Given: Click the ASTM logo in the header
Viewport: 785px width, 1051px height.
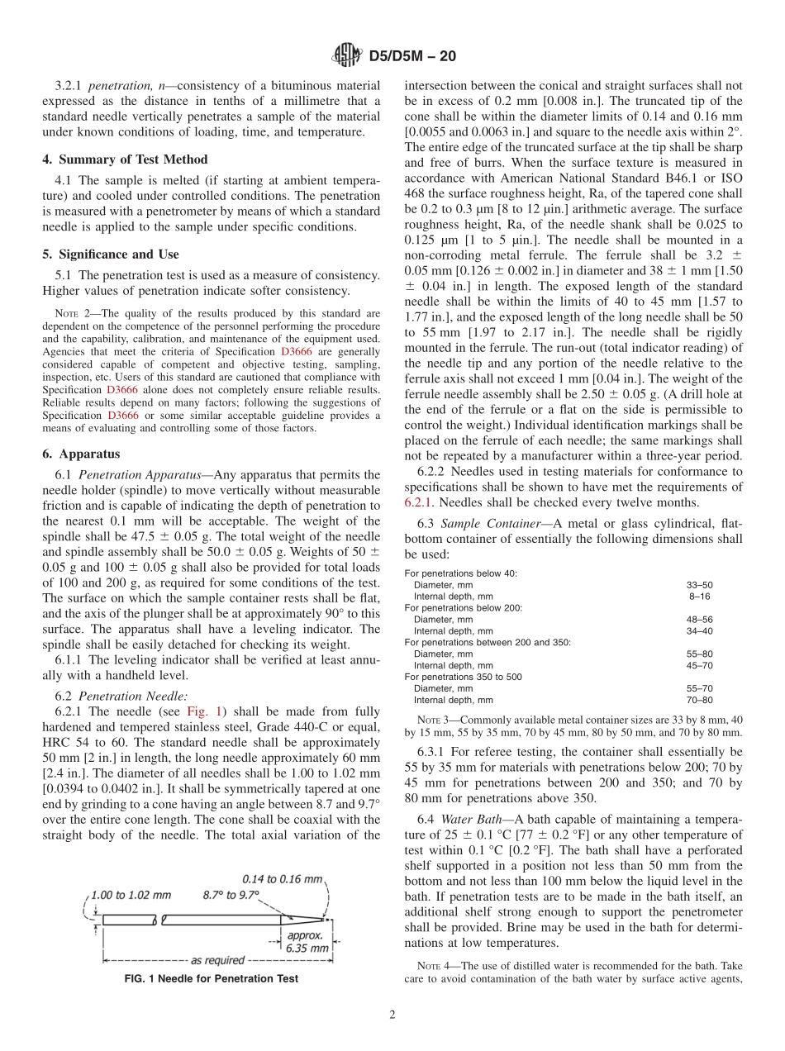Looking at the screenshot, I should [x=346, y=56].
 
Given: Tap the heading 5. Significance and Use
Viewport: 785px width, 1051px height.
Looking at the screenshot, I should [x=110, y=254].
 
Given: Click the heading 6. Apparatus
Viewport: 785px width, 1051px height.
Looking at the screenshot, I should [x=81, y=454].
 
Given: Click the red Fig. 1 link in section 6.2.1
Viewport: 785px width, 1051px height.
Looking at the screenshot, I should [x=202, y=711].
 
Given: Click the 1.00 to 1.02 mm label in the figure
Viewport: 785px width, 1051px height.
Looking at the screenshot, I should [x=131, y=894].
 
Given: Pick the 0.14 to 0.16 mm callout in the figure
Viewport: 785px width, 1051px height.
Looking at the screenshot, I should [x=282, y=879].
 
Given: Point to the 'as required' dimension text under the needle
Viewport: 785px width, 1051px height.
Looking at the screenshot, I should [x=217, y=960].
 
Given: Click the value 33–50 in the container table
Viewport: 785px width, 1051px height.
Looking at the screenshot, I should [x=700, y=584].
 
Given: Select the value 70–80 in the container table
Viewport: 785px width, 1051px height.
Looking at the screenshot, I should [x=700, y=699].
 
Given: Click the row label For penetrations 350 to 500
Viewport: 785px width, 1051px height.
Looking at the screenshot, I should [x=463, y=676].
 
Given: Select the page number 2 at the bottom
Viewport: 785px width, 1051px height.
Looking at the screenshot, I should [x=392, y=1015].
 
